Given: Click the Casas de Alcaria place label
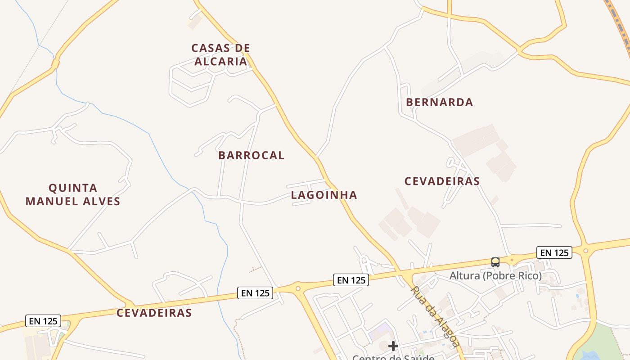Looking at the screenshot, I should [x=220, y=54].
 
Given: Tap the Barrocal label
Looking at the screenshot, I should [x=251, y=155].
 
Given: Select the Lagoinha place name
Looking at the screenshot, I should [x=324, y=195].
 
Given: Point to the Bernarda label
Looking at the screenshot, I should [x=439, y=102].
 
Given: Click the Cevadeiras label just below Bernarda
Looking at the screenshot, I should [x=442, y=181].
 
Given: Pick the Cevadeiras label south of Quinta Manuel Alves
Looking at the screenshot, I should [x=154, y=313].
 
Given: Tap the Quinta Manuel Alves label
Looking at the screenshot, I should [x=73, y=194].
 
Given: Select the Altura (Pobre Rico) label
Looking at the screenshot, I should [x=495, y=275].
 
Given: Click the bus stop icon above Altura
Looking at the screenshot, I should [x=495, y=262].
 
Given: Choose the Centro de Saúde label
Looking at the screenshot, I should [x=393, y=357].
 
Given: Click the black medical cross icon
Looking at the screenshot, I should [x=393, y=346].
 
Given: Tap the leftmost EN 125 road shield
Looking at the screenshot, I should [x=43, y=321].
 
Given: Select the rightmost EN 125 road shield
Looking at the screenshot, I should [x=554, y=252].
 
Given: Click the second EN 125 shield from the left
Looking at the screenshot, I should [x=255, y=293].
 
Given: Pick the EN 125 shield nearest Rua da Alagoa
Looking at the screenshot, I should [x=351, y=280].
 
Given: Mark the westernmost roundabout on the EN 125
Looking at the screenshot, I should [x=297, y=287].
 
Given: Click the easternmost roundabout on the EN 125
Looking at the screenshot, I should [x=585, y=251].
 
